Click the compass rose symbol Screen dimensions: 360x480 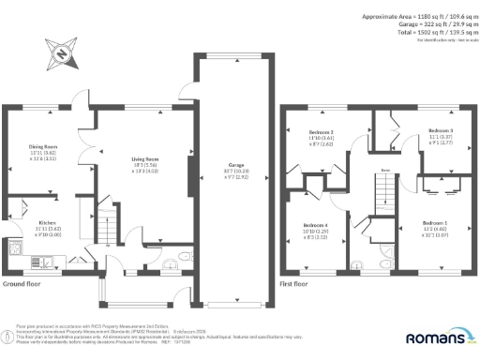click(61, 53)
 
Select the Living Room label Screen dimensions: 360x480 click(144, 159)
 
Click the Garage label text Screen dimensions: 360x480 click(233, 169)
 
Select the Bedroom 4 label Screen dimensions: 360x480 click(316, 225)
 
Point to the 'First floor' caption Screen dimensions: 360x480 click(294, 282)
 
